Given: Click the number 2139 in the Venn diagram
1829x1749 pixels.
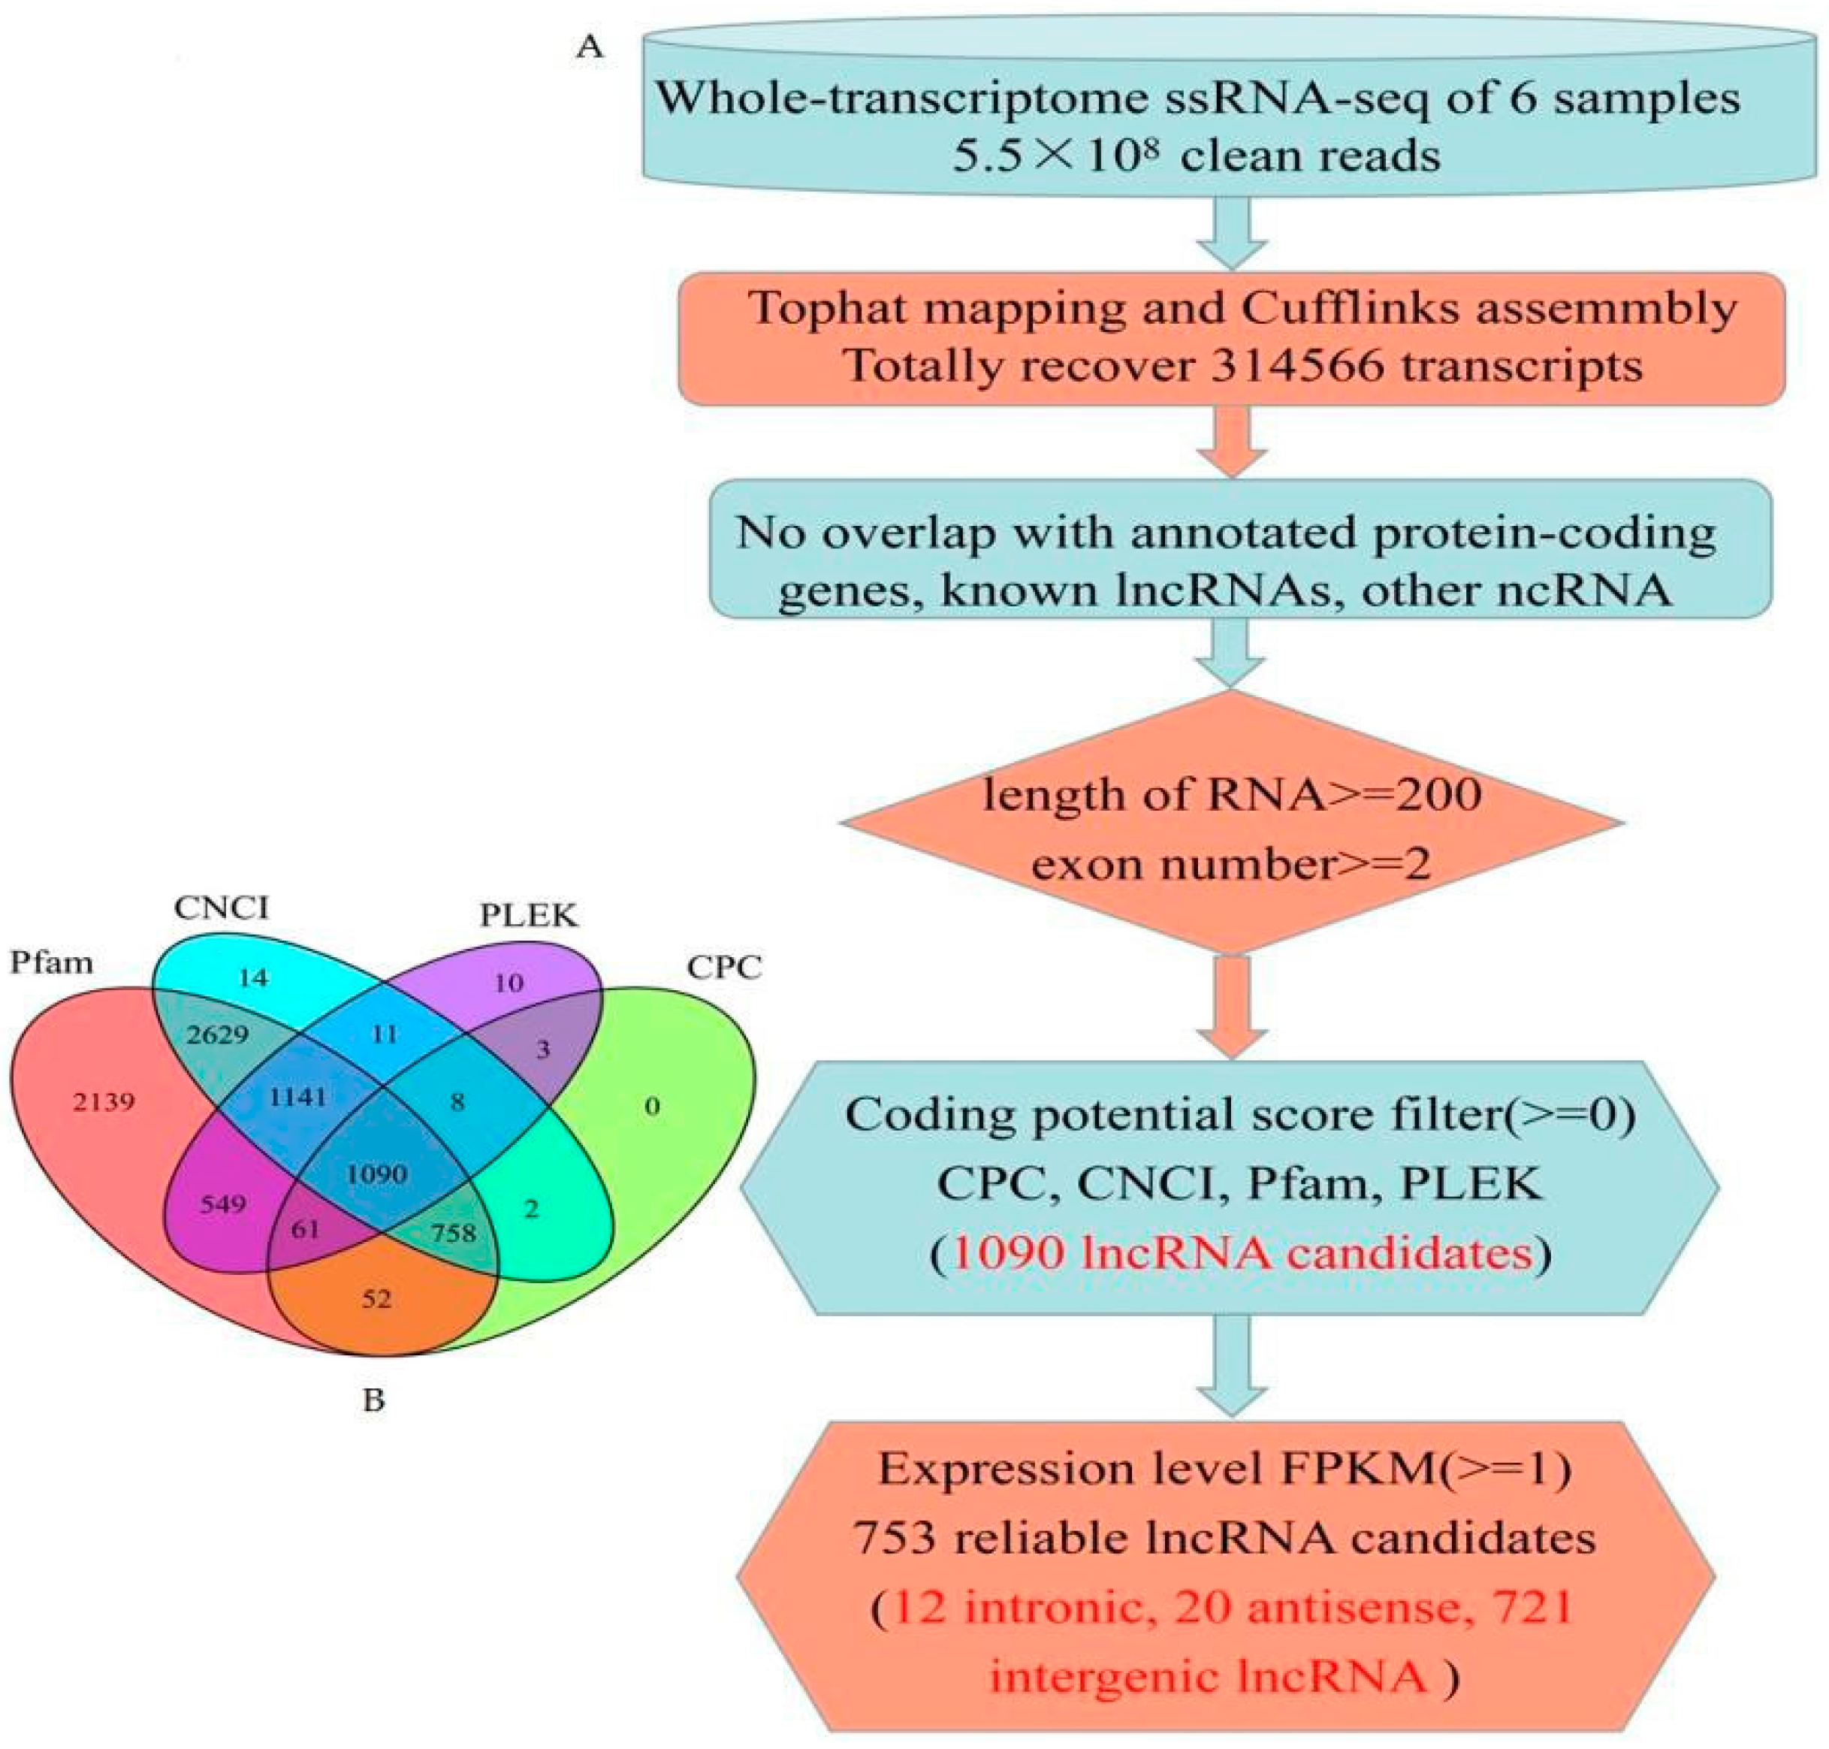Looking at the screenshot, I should tap(104, 1102).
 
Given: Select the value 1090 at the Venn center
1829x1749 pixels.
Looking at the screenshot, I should tap(376, 1173).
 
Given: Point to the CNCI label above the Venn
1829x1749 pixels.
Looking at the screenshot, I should tap(221, 907).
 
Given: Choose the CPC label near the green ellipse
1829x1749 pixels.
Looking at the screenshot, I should tap(723, 968).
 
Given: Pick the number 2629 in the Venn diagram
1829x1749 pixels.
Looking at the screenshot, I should tap(217, 1034).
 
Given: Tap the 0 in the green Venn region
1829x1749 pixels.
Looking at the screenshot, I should tap(652, 1107).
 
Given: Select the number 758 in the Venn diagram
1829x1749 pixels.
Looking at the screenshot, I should tap(453, 1233).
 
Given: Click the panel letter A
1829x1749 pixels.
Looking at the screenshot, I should tap(589, 46).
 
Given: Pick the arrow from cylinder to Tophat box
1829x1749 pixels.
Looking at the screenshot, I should tap(1231, 235).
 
